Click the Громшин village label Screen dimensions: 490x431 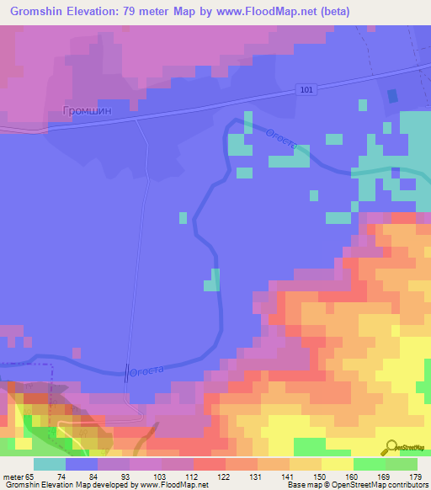click(88, 109)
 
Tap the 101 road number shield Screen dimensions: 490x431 click(306, 89)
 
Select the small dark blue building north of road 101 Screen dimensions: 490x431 click(392, 97)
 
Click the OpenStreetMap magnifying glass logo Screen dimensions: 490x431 click(390, 447)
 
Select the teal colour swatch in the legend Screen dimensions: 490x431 click(49, 464)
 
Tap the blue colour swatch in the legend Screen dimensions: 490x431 click(81, 464)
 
